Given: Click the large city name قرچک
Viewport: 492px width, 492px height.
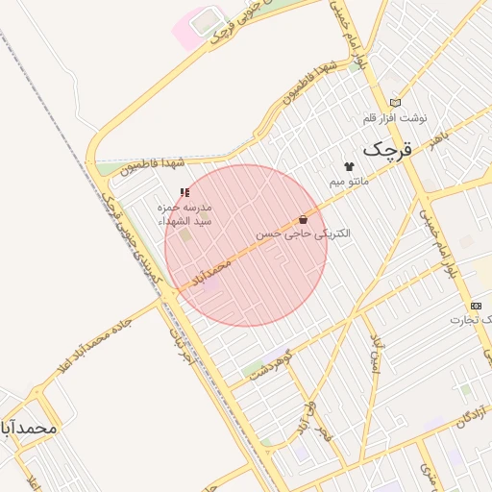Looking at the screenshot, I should [x=386, y=151].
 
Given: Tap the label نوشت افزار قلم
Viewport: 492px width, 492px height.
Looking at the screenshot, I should [x=394, y=117].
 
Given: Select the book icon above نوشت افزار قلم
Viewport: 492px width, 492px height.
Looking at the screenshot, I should [x=395, y=103].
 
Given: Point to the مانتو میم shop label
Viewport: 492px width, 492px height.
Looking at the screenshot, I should [x=349, y=181].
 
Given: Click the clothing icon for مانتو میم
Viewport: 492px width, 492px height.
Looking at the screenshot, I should [x=349, y=166].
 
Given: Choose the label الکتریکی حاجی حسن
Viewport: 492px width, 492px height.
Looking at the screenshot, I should [x=303, y=234].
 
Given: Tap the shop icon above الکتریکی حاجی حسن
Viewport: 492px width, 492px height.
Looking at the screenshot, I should [x=304, y=219].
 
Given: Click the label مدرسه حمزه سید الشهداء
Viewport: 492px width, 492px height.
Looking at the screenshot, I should [x=185, y=214].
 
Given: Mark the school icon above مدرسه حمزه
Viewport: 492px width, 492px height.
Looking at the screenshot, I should [x=184, y=193].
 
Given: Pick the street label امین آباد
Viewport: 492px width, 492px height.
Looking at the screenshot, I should [x=377, y=355].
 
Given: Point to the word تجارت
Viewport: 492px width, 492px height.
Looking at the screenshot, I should [x=473, y=319].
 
